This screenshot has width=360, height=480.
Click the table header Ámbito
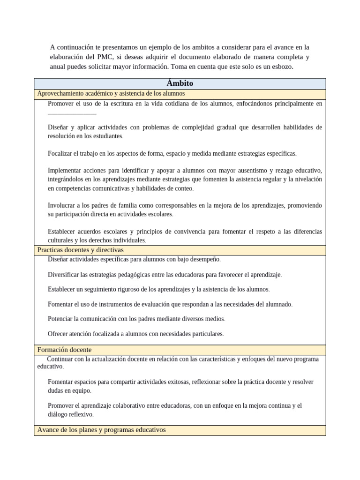[180, 83]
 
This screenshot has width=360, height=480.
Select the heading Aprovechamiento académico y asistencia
[111, 94]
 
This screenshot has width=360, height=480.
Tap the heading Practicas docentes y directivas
[80, 250]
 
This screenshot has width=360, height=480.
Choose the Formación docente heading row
[64, 350]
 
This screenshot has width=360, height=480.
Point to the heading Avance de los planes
[101, 430]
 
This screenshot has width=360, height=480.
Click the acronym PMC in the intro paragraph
[102, 57]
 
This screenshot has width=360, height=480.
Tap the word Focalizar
[61, 153]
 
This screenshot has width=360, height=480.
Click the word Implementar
[65, 171]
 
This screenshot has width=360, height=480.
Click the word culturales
[60, 240]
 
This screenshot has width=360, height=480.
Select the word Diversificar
[65, 274]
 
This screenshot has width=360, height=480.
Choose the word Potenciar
[60, 319]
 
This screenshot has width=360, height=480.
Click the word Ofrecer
[59, 334]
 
